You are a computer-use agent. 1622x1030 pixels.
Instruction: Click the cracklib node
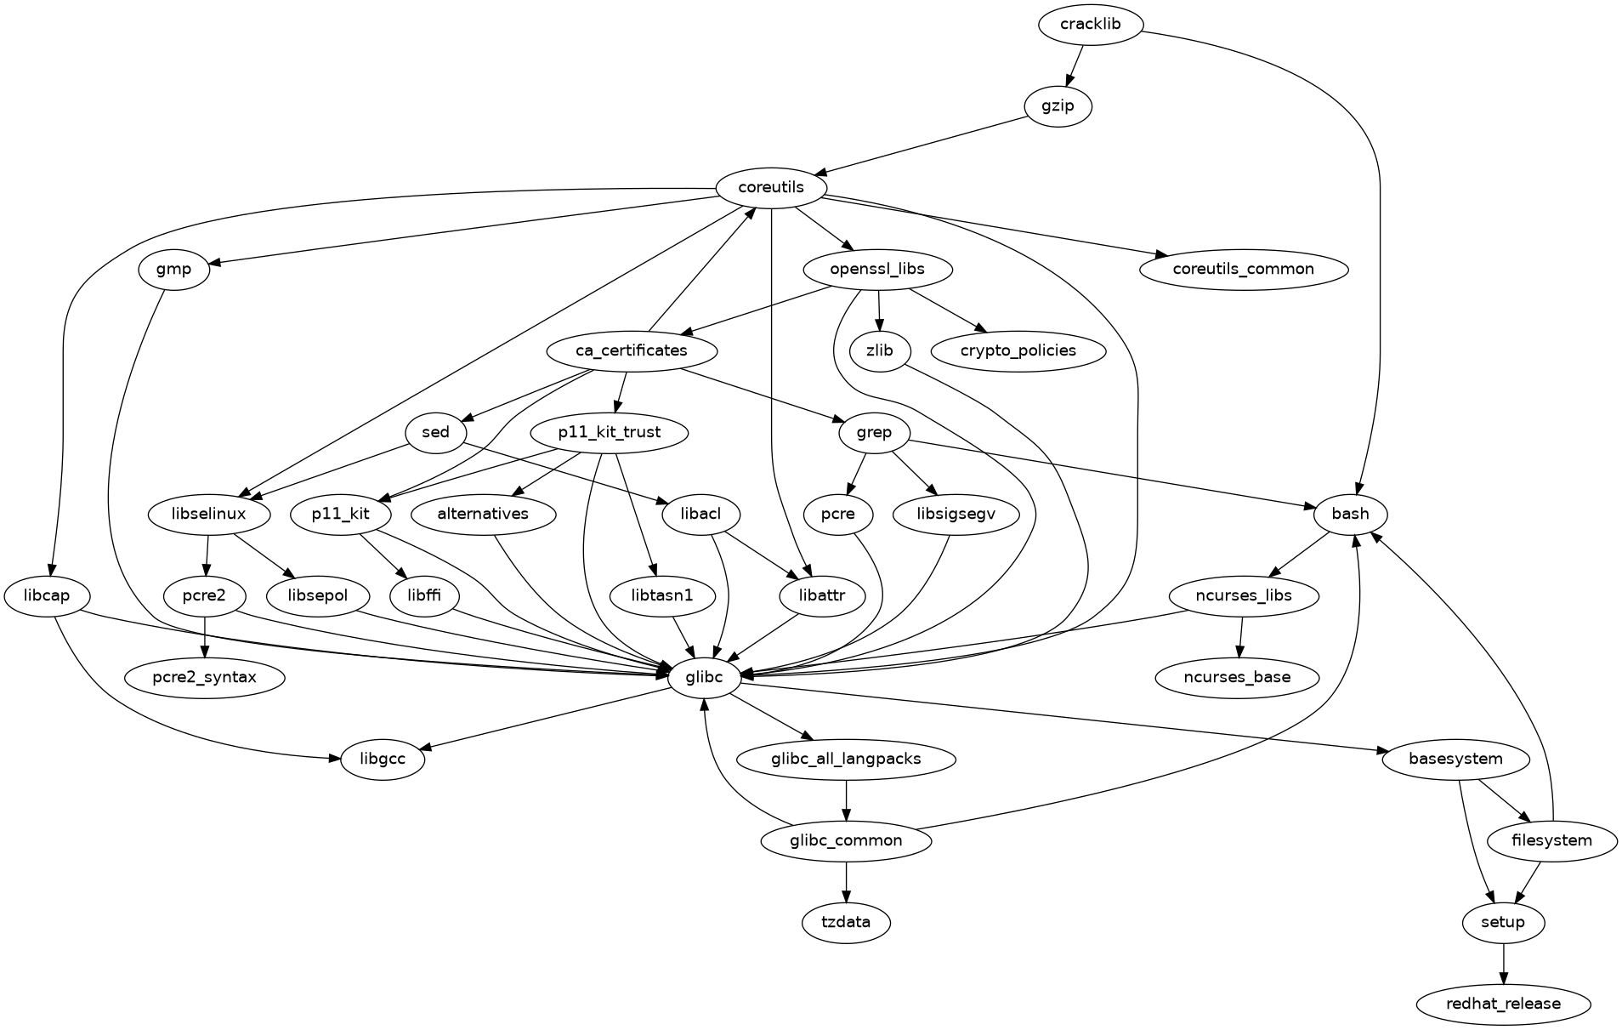point(1090,24)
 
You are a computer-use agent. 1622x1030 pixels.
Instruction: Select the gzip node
point(1058,106)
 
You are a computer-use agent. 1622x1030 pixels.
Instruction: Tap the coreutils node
point(771,187)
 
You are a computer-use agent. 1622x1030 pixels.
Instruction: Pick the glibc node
point(704,678)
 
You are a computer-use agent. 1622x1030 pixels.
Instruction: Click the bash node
point(1350,514)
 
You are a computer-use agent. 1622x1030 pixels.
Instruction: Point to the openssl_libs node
point(877,270)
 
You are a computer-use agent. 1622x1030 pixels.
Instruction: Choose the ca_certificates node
point(632,350)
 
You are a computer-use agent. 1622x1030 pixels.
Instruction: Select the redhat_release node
point(1503,1004)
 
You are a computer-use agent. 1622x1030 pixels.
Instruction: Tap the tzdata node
point(846,922)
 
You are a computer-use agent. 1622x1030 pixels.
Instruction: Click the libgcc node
point(383,759)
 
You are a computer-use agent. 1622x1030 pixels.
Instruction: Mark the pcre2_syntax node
point(204,678)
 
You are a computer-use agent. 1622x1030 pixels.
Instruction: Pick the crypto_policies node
point(1018,350)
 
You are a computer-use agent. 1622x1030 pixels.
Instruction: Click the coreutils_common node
point(1244,270)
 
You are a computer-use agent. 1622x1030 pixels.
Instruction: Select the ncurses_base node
point(1237,678)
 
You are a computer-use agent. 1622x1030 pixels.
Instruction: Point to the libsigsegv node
point(956,514)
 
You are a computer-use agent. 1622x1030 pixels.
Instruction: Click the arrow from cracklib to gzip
point(1075,64)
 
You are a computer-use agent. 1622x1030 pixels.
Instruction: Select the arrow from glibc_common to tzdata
point(846,881)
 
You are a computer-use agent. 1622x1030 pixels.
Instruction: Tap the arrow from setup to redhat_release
point(1503,963)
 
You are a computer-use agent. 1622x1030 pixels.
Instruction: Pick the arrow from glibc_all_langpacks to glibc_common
point(846,800)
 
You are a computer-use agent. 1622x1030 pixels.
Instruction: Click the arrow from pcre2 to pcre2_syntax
point(205,636)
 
